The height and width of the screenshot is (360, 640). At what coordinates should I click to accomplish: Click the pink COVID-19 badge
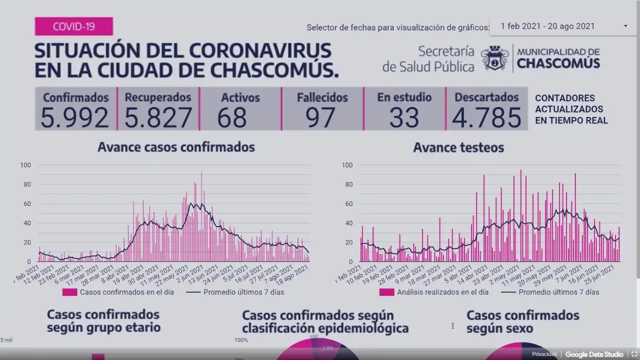pyautogui.click(x=73, y=26)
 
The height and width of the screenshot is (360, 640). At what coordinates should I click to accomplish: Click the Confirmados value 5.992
pyautogui.click(x=74, y=118)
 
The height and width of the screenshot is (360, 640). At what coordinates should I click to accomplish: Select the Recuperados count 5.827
pyautogui.click(x=158, y=118)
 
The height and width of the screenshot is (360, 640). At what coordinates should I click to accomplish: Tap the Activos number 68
pyautogui.click(x=232, y=118)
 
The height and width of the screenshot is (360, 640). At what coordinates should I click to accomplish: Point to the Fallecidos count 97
pyautogui.click(x=320, y=118)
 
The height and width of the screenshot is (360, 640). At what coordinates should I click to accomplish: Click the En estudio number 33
pyautogui.click(x=404, y=118)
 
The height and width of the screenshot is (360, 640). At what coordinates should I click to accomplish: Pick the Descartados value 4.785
pyautogui.click(x=486, y=118)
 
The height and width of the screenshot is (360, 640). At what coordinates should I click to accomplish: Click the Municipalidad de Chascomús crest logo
pyautogui.click(x=495, y=58)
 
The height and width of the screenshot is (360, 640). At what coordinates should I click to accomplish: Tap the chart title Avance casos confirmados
pyautogui.click(x=176, y=147)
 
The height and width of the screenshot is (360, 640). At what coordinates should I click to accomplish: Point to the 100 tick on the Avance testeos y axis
pyautogui.click(x=347, y=165)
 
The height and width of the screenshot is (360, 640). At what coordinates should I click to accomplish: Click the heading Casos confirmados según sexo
pyautogui.click(x=522, y=322)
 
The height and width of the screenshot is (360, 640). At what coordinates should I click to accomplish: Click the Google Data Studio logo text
pyautogui.click(x=594, y=354)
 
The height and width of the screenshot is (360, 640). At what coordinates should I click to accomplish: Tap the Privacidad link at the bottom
pyautogui.click(x=544, y=354)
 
